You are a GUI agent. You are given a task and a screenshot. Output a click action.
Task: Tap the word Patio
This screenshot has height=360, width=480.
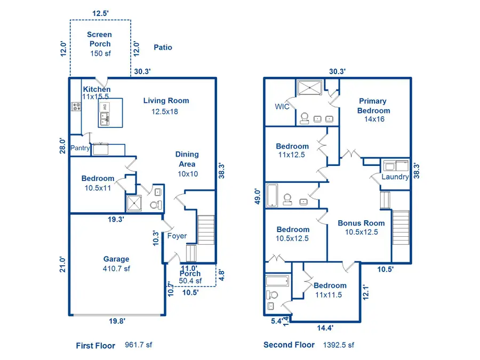[x=163, y=47]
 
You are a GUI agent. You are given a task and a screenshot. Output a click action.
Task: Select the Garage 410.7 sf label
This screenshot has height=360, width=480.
[x=116, y=264]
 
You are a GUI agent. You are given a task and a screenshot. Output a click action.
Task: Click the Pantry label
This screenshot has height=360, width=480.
[x=80, y=148]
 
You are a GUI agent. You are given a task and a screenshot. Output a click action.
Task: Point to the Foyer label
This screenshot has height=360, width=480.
[x=177, y=236]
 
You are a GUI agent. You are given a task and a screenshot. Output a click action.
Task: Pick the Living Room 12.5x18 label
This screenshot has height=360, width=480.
[x=166, y=106]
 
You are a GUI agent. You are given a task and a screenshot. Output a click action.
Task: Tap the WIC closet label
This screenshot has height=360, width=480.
[x=282, y=107]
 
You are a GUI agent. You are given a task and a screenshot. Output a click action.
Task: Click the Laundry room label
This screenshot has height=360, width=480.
[x=395, y=177]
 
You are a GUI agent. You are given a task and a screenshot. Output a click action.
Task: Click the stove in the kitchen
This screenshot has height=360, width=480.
[x=76, y=107]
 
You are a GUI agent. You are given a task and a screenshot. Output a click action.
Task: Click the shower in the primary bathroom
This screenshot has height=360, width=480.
[x=310, y=88]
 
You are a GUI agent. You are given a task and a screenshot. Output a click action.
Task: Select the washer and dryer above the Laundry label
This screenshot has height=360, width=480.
[x=395, y=165]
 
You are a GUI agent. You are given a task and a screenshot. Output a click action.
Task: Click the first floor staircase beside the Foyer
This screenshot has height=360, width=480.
[x=206, y=229]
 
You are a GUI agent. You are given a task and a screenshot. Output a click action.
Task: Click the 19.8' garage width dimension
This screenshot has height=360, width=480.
[x=117, y=321]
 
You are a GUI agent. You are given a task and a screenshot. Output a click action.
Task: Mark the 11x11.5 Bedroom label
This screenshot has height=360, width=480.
[x=330, y=290]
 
